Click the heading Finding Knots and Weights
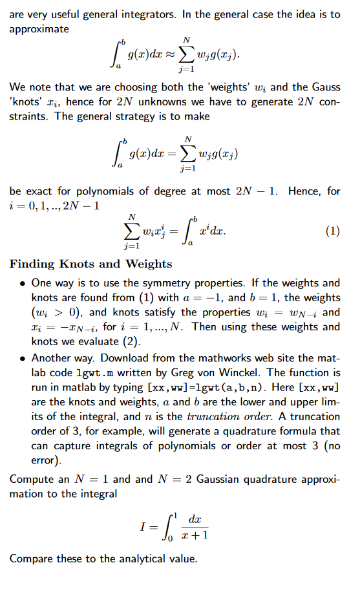pyautogui.click(x=90, y=264)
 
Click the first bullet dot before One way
pyautogui.click(x=23, y=283)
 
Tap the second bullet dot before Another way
pyautogui.click(x=23, y=357)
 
